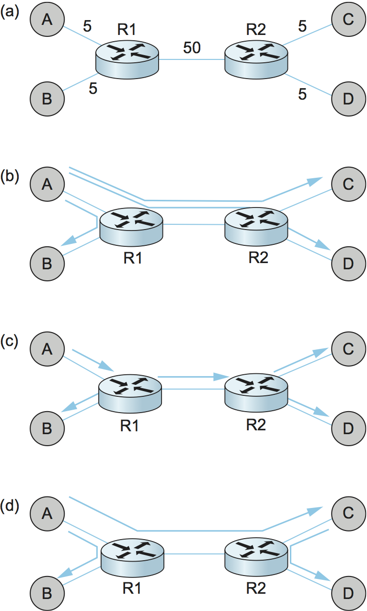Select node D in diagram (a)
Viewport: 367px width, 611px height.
tap(348, 99)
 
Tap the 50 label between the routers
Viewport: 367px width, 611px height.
tap(192, 48)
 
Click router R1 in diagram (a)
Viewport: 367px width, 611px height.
tap(128, 58)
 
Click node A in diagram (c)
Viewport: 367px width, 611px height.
tap(47, 348)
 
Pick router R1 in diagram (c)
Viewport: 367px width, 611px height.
tap(130, 392)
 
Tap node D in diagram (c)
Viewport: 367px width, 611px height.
tap(348, 427)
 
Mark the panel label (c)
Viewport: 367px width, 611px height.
tap(10, 341)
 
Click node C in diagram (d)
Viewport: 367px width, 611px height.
tap(348, 513)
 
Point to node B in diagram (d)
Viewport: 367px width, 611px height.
tap(47, 593)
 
